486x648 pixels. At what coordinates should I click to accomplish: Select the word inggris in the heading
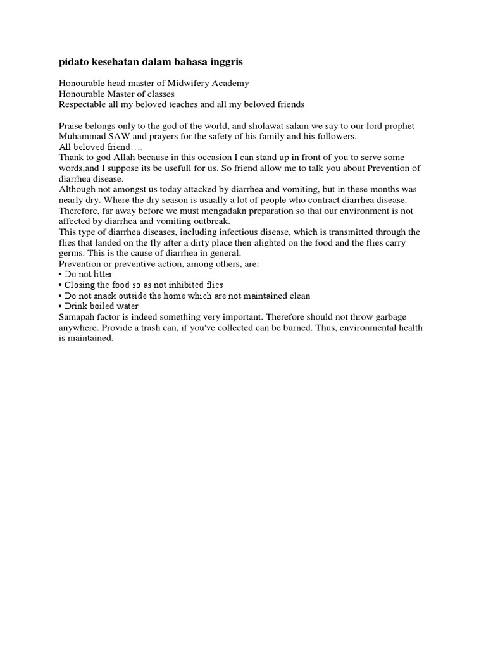pyautogui.click(x=225, y=62)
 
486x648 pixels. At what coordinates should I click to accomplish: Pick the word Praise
pyautogui.click(x=70, y=126)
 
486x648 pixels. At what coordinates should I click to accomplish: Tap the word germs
pyautogui.click(x=72, y=253)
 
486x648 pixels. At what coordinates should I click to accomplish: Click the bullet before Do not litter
pyautogui.click(x=60, y=275)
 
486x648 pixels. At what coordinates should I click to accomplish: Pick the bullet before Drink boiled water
pyautogui.click(x=60, y=306)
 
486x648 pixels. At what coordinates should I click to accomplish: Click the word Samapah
pyautogui.click(x=78, y=317)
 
